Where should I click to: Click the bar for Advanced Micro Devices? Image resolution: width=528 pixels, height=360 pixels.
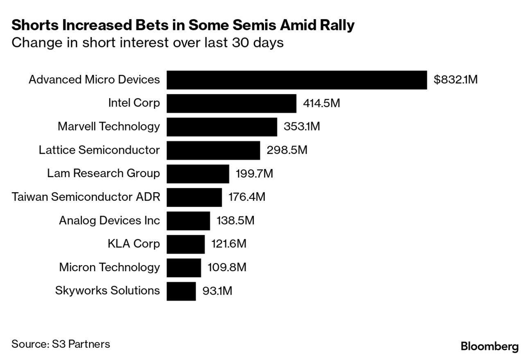click(x=296, y=80)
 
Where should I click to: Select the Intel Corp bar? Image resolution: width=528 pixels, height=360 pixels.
click(x=231, y=103)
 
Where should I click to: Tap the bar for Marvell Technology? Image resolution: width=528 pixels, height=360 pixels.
click(x=221, y=127)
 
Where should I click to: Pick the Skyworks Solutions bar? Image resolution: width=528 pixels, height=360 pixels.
click(x=181, y=291)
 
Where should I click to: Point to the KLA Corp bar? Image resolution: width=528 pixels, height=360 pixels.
click(x=185, y=244)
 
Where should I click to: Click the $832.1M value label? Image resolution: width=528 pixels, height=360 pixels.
click(x=455, y=80)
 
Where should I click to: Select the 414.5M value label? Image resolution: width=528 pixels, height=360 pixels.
click(x=321, y=103)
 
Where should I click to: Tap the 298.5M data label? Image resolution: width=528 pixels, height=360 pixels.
click(x=287, y=150)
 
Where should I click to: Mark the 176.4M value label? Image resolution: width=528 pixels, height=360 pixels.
click(x=247, y=197)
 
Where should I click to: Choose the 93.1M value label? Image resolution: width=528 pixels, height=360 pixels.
click(x=217, y=291)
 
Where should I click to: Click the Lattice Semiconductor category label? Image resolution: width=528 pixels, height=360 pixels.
click(x=99, y=150)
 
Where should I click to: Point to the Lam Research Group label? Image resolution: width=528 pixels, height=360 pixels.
click(x=103, y=173)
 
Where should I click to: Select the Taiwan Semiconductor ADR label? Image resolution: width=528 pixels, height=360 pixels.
click(x=86, y=197)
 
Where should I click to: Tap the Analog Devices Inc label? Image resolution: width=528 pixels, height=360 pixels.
click(x=109, y=220)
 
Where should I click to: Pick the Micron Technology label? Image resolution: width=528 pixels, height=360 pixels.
click(x=109, y=268)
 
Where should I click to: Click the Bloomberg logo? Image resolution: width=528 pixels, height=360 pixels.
click(x=490, y=346)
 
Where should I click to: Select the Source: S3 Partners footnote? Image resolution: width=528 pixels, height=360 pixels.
click(x=61, y=344)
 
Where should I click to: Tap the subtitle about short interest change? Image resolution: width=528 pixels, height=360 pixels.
click(x=147, y=43)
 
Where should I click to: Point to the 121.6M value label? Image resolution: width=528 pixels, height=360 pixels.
click(x=229, y=244)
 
